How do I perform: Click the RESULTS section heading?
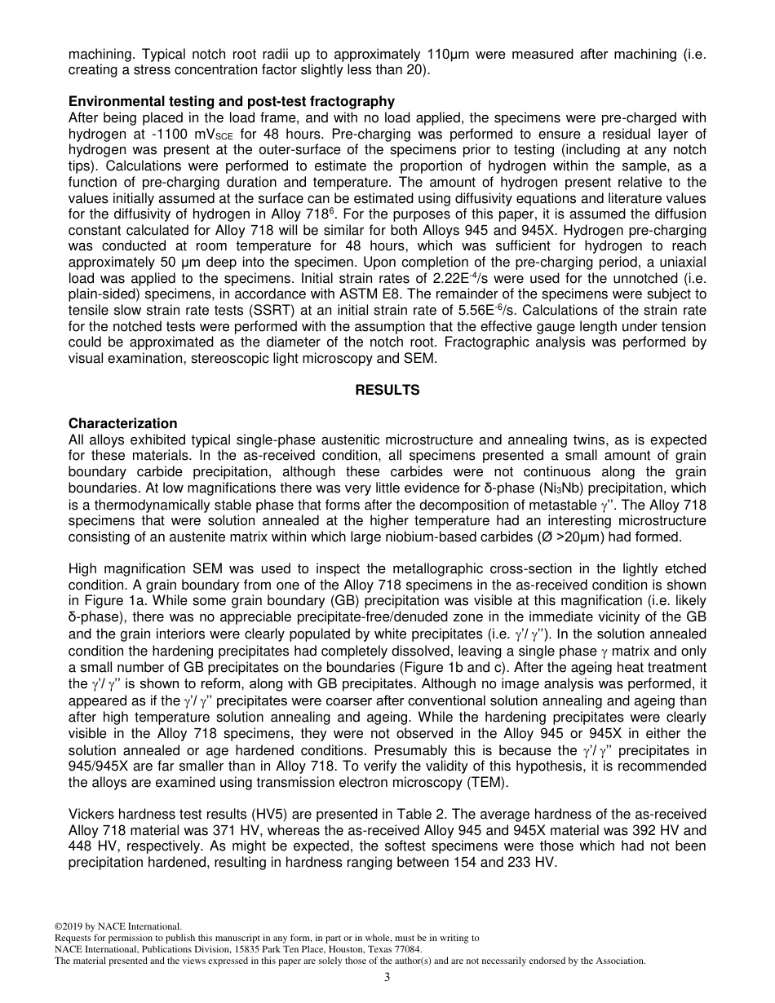point(387,391)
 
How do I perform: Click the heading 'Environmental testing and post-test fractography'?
point(231,102)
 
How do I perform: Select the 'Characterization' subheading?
point(122,424)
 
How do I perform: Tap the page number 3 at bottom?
point(387,978)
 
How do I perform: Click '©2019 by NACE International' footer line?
point(117,926)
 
